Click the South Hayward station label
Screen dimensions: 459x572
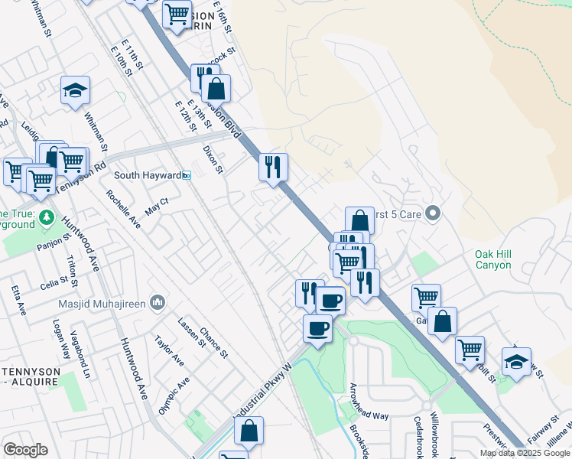pos(147,175)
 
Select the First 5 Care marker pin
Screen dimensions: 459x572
pos(433,213)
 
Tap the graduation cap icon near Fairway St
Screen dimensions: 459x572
pos(516,361)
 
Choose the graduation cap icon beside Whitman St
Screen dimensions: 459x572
pos(76,91)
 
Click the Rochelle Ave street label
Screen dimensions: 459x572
pos(123,210)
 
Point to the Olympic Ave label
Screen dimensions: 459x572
pos(172,396)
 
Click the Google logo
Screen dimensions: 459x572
pos(25,449)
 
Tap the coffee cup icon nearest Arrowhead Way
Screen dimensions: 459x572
pos(317,329)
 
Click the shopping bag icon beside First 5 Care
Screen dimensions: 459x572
pos(359,221)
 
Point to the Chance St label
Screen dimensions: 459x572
pos(213,342)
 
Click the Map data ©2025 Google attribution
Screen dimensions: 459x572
pos(524,453)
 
